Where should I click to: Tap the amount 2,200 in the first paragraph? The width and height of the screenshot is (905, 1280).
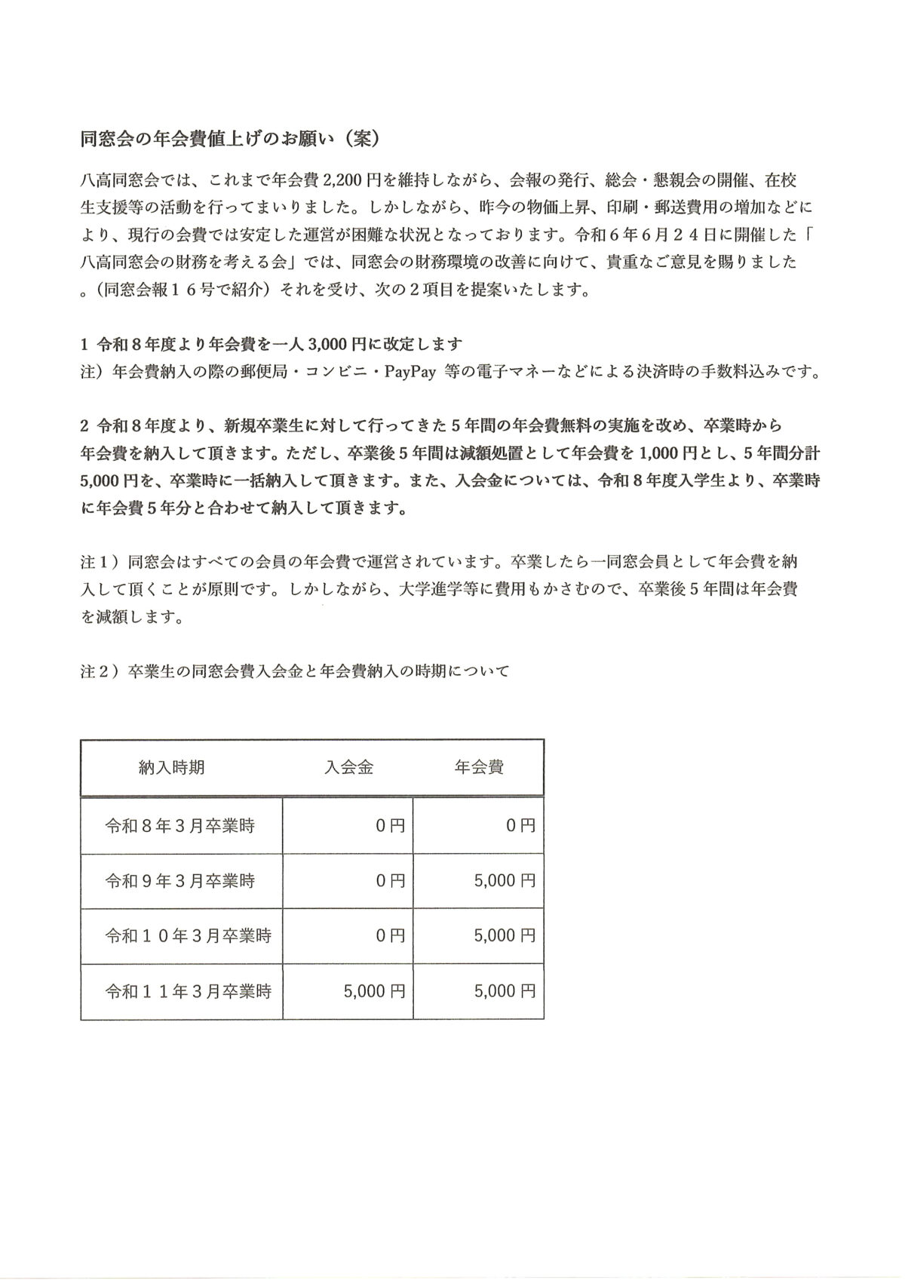click(x=344, y=181)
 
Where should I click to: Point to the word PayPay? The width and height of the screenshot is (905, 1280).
click(x=410, y=373)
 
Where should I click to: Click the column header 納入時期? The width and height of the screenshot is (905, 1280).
click(x=171, y=768)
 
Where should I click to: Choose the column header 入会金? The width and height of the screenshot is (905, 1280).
click(x=349, y=768)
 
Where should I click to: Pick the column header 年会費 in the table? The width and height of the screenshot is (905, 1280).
click(x=479, y=768)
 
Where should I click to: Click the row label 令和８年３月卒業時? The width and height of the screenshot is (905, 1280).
click(x=179, y=826)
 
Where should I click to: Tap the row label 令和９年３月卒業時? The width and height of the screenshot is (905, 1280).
click(x=179, y=881)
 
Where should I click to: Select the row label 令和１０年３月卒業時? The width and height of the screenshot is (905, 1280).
click(x=188, y=936)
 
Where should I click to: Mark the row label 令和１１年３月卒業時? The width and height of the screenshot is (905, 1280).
click(x=188, y=991)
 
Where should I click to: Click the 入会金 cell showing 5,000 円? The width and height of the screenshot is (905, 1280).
click(x=374, y=991)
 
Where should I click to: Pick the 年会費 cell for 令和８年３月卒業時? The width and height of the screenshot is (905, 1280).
click(x=520, y=826)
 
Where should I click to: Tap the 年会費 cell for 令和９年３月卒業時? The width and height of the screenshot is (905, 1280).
click(x=505, y=881)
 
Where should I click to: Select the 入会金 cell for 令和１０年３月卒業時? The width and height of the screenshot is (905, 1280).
click(x=390, y=936)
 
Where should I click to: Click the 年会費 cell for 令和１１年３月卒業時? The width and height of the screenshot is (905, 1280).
click(x=505, y=991)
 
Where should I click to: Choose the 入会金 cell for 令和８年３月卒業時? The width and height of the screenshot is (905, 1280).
click(x=390, y=826)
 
